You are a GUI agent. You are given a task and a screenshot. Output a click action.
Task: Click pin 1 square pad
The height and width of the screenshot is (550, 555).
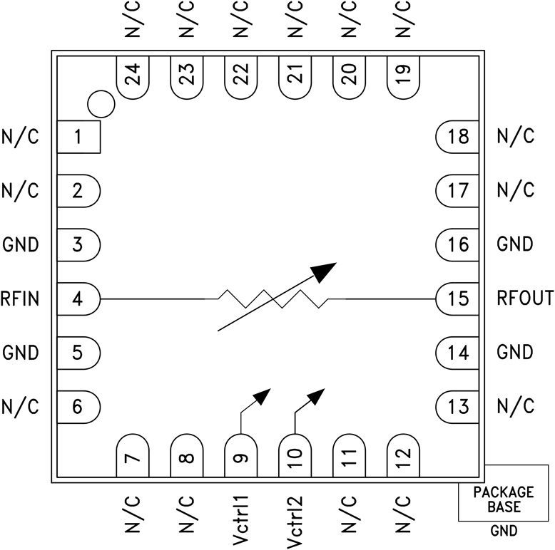pos(78,137)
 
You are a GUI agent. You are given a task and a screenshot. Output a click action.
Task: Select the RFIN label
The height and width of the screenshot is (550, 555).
pos(19,299)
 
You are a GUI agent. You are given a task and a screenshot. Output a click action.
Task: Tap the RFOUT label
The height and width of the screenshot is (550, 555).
pos(525,299)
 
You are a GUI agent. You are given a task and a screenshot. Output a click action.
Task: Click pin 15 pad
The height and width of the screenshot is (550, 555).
pos(457,299)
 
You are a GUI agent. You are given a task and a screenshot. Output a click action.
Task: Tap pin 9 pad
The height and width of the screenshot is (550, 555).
pos(240,456)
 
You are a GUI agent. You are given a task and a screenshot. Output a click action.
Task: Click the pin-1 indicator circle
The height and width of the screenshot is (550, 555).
pos(101,104)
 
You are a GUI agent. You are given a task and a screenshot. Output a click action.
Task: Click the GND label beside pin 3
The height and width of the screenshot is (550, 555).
pos(20,245)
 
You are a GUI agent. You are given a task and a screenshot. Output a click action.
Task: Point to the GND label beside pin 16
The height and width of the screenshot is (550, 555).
pos(515,244)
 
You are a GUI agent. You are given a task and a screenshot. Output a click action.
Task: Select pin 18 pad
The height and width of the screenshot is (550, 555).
pos(457,137)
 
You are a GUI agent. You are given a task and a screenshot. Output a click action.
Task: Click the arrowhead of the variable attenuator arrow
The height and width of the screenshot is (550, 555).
pos(325,269)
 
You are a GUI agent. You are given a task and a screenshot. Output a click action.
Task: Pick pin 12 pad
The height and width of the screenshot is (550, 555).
pos(403,456)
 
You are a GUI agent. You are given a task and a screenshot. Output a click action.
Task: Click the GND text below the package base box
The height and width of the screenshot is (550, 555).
pos(504,531)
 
